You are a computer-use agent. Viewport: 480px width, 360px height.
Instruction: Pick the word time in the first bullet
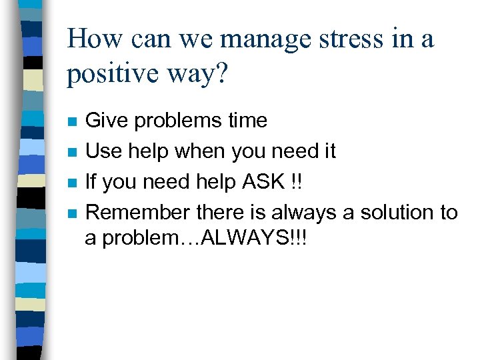pos(245,121)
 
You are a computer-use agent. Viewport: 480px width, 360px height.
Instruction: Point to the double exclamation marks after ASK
pos(297,182)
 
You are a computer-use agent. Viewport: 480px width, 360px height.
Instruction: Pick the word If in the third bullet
pos(92,182)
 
